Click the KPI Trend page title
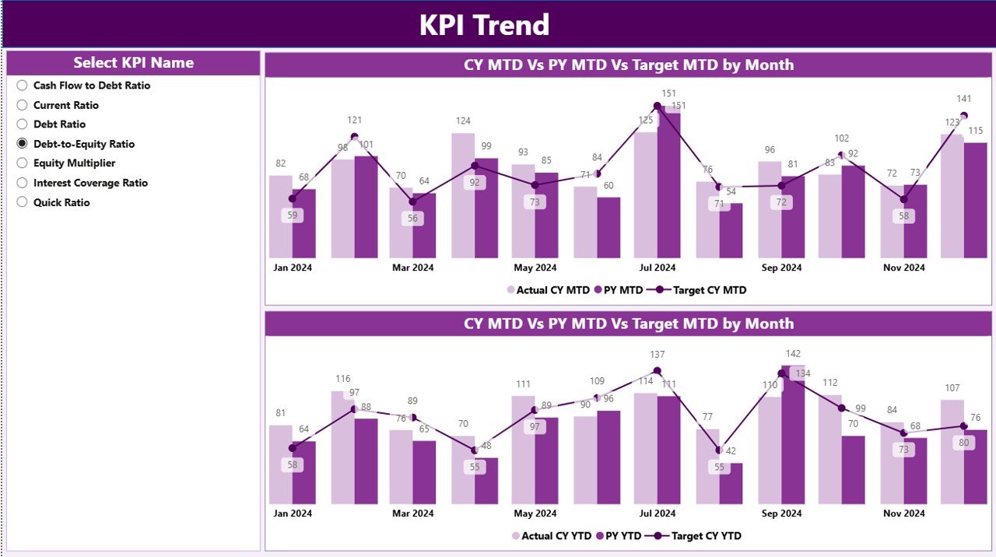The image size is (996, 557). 484,25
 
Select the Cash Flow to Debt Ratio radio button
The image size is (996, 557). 23,86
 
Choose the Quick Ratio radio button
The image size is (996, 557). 23,202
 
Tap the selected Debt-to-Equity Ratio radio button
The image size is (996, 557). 23,144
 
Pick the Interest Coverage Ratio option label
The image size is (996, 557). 90,183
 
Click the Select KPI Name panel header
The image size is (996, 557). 133,63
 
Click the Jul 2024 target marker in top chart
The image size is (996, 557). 658,106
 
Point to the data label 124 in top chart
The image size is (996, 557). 463,121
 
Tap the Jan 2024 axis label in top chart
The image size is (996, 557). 293,268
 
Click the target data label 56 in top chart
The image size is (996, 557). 412,219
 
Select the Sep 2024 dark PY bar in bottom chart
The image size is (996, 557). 793,436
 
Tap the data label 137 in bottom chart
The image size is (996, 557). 658,355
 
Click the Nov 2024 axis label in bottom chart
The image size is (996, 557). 903,513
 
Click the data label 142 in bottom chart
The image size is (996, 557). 793,354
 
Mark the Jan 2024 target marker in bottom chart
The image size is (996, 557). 293,448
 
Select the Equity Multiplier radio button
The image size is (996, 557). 23,163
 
